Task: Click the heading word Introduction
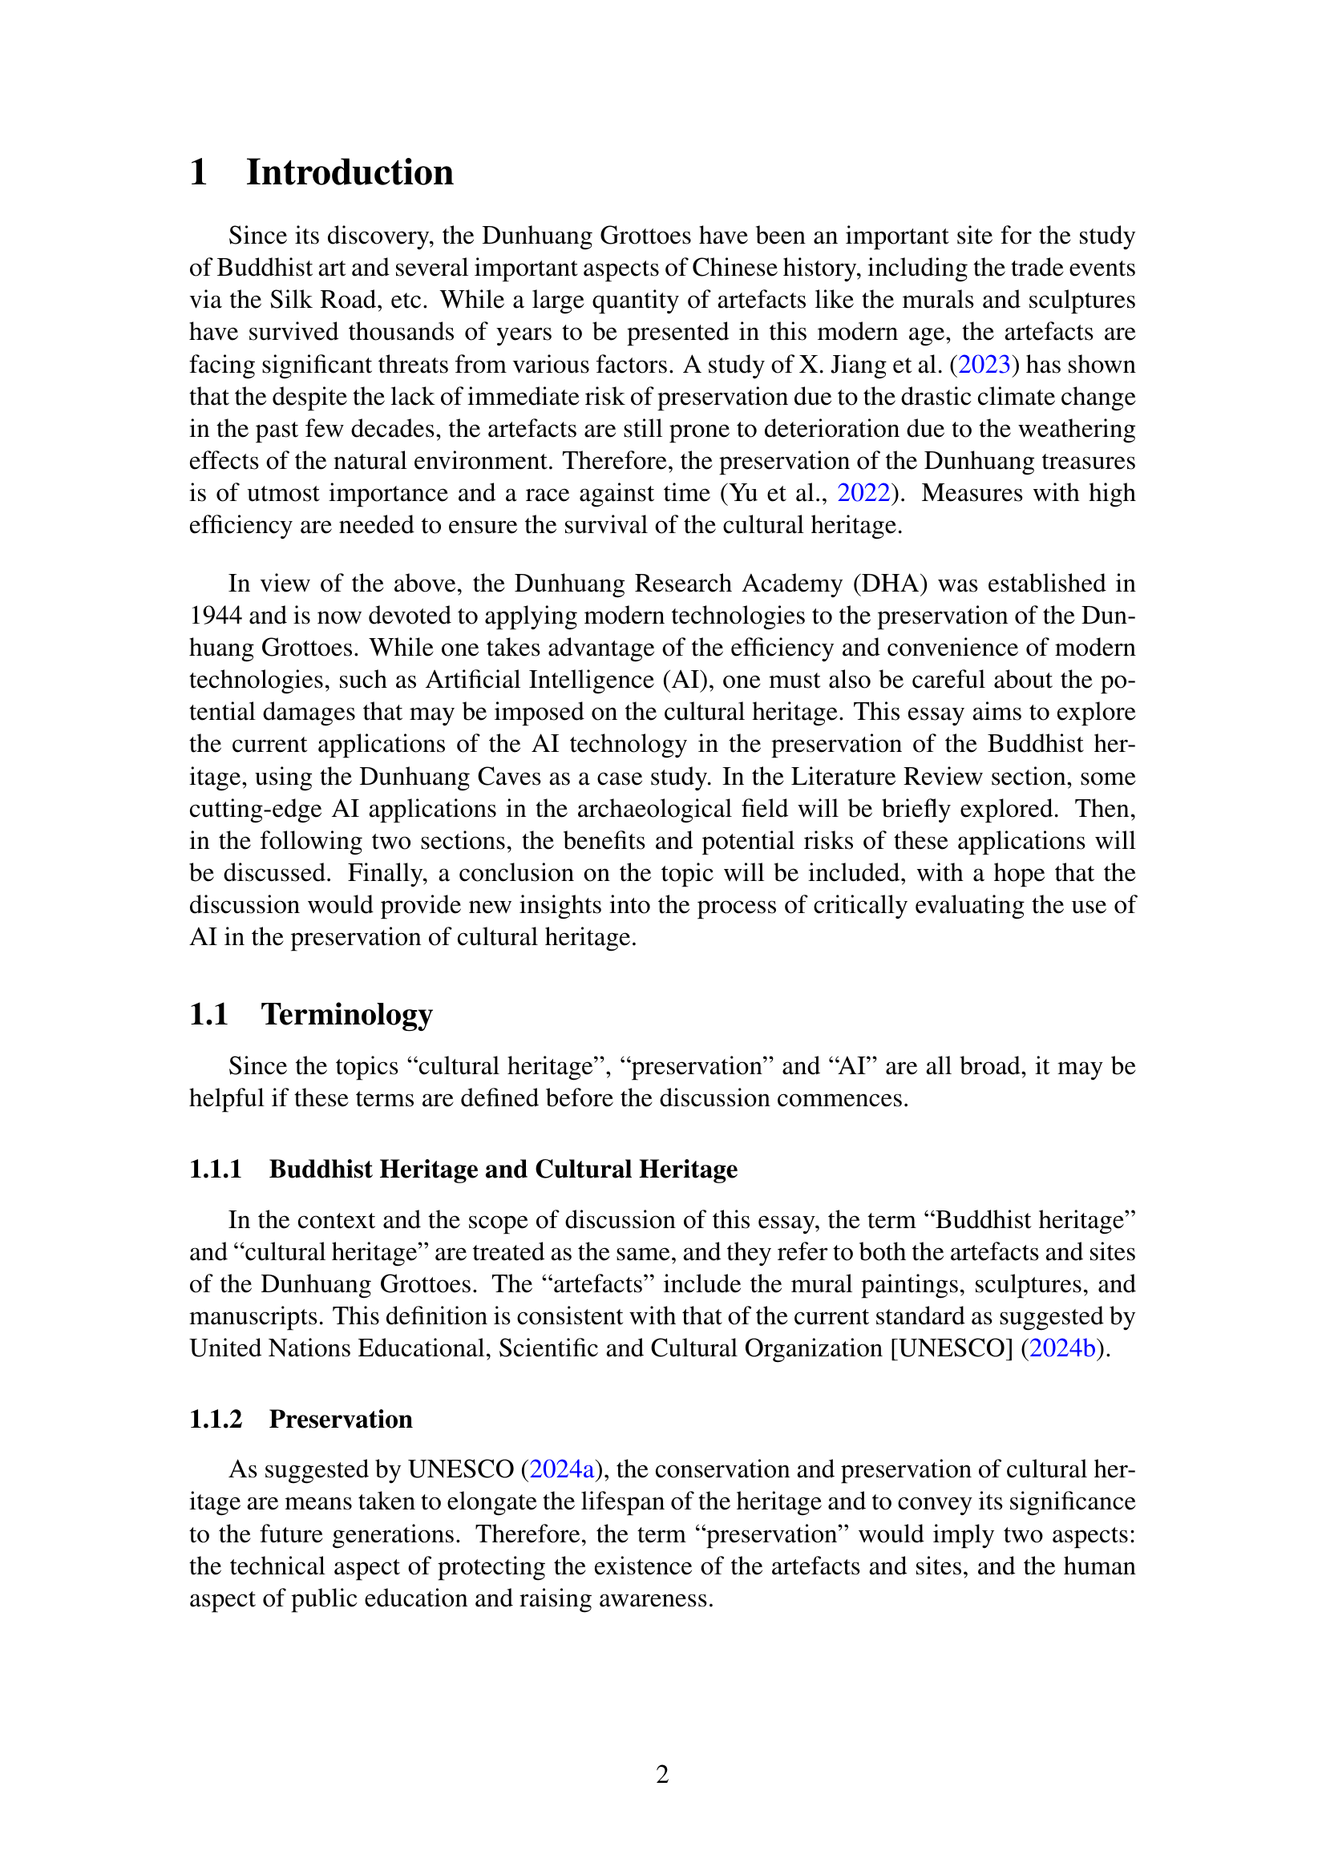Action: [x=350, y=173]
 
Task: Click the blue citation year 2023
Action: [x=984, y=364]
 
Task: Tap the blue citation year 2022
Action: [x=864, y=493]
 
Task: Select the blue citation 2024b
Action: [x=1061, y=1348]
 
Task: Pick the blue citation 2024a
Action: [x=562, y=1469]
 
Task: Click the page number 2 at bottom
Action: [x=662, y=1774]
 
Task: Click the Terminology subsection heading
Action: [x=346, y=1014]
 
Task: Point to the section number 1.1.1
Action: [x=216, y=1170]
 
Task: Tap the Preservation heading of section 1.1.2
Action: [x=341, y=1420]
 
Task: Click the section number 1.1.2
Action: [x=216, y=1420]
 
